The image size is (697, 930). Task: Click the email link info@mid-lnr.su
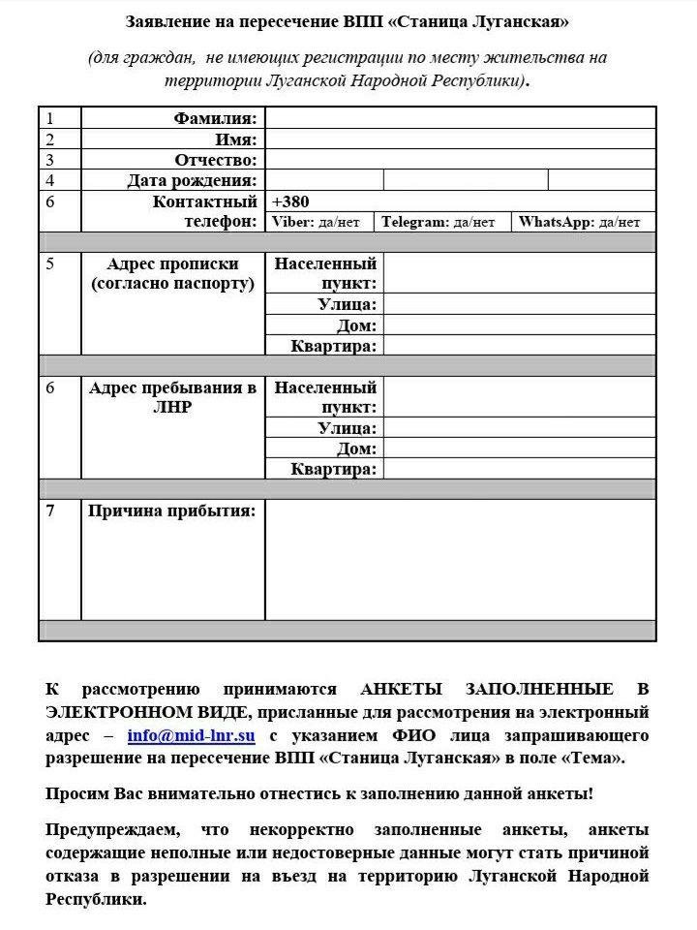191,735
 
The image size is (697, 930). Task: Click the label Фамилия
216,118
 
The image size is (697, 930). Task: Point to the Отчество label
216,160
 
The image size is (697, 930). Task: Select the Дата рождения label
193,180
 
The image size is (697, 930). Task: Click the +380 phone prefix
290,201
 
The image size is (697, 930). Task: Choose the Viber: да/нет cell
317,222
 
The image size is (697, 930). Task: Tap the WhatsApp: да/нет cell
579,222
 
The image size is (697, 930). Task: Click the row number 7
50,511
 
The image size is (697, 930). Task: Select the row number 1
49,118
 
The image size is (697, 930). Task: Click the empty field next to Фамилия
460,118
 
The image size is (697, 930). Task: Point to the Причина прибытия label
172,511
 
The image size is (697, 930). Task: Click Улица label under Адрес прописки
348,304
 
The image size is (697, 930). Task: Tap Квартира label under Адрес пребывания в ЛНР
334,469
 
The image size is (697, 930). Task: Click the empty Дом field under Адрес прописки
519,325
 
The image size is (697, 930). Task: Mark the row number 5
50,263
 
